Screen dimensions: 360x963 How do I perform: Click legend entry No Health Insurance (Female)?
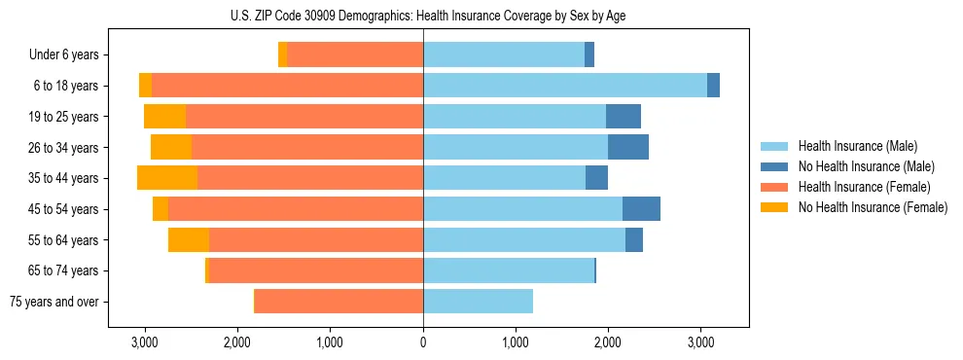[873, 207]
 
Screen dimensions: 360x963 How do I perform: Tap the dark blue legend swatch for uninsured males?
[775, 166]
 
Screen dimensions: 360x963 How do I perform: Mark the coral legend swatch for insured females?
[775, 187]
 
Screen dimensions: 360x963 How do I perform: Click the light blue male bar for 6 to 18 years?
[565, 86]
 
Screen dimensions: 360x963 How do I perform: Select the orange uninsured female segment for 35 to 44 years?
[167, 178]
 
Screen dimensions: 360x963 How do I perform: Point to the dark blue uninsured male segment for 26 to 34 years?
[628, 147]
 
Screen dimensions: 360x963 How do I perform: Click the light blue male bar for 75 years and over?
[478, 302]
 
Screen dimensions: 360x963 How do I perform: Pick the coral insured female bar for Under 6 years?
[355, 54]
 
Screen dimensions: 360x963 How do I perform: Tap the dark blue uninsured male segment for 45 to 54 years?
[641, 209]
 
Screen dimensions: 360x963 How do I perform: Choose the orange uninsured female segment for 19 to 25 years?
[164, 117]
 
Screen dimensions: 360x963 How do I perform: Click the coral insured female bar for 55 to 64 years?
[316, 240]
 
